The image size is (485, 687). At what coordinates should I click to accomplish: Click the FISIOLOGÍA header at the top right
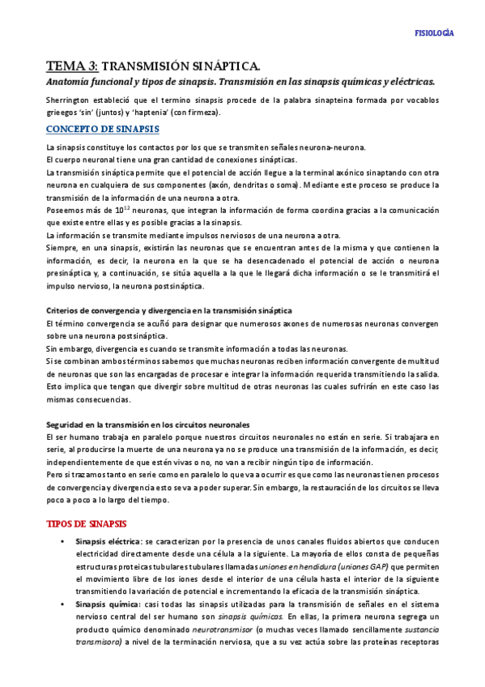tap(433, 33)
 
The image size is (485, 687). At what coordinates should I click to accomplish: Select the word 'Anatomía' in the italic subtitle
tap(70, 82)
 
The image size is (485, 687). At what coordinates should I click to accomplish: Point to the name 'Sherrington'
tap(70, 100)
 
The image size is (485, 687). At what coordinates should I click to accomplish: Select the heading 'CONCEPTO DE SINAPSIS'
tap(103, 130)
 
